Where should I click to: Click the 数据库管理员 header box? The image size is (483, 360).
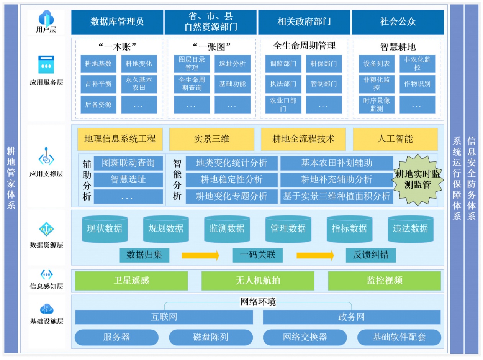[117, 21]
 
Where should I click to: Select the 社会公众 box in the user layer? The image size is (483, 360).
[398, 21]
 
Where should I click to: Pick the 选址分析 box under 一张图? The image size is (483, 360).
[232, 64]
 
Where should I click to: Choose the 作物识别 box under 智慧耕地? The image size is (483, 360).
[417, 84]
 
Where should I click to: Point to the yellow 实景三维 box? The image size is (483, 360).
[211, 139]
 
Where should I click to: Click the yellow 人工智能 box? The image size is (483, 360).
[395, 139]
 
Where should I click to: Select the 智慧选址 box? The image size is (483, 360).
[128, 179]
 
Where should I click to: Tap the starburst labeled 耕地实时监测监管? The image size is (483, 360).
[418, 179]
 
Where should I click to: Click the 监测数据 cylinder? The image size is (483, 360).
[227, 229]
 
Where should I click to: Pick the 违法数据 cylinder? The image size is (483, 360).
[410, 229]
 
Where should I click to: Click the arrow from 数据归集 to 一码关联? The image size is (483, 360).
[200, 255]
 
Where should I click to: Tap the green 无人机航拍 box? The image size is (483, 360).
[258, 281]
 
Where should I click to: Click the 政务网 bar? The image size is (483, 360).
[351, 317]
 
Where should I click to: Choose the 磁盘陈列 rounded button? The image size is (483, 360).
[211, 337]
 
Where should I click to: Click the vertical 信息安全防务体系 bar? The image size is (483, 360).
[471, 179]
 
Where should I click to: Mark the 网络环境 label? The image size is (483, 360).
[258, 302]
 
